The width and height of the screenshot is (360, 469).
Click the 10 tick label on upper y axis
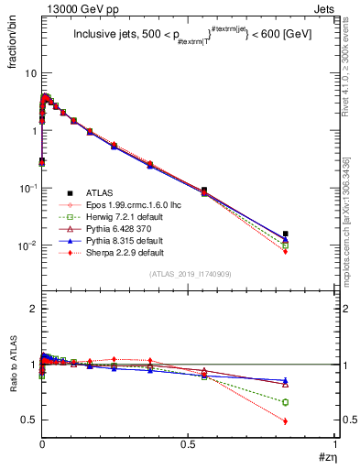point(27,73)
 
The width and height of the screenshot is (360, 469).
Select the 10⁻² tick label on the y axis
point(26,245)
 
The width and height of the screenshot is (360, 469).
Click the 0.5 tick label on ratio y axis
point(27,420)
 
